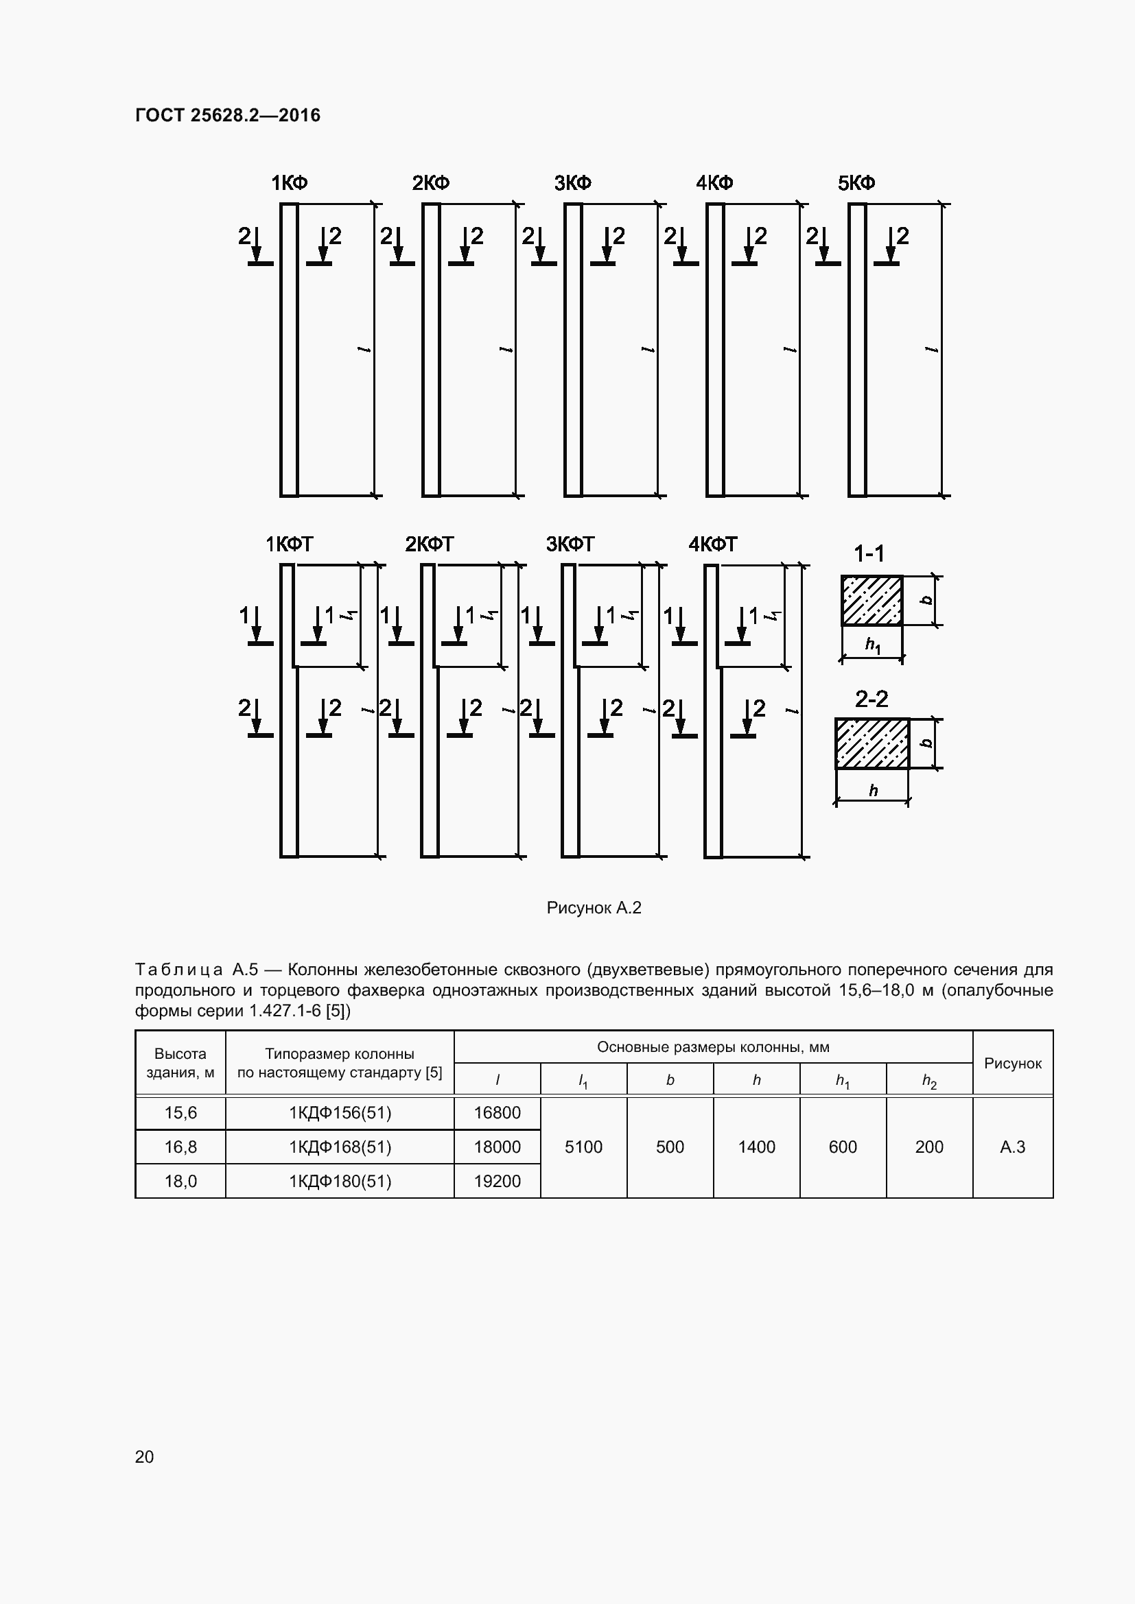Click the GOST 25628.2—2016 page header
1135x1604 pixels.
(227, 115)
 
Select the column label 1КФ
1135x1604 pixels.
(290, 183)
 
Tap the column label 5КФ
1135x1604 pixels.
(856, 183)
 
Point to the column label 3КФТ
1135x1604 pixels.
(570, 544)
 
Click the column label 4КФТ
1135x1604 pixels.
(712, 544)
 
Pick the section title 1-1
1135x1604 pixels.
(869, 554)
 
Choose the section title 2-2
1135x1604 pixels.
(871, 699)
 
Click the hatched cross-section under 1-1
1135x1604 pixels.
(871, 600)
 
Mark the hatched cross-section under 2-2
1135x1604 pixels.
(872, 743)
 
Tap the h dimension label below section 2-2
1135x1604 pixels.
(873, 791)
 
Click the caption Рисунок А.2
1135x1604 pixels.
(594, 907)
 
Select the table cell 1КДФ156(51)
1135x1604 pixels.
(340, 1113)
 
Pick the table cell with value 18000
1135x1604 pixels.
(497, 1147)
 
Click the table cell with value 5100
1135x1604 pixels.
(583, 1147)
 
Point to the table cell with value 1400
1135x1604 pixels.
(756, 1147)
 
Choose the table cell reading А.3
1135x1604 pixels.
(1012, 1147)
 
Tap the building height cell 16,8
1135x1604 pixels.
(180, 1147)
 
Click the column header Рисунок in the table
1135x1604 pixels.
(1012, 1064)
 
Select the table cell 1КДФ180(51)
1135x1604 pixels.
(340, 1182)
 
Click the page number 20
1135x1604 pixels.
(145, 1457)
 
